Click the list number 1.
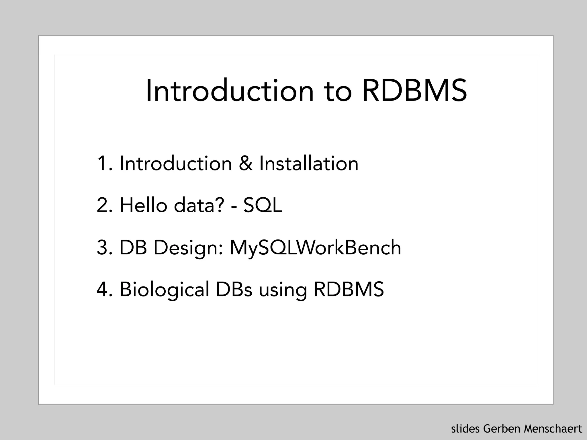pos(103,164)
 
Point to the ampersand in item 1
pos(246,164)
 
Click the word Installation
pos(309,164)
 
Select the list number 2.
pos(104,205)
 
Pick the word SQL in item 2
pos(263,206)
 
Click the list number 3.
pos(104,247)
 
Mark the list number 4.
pos(104,289)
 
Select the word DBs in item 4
pos(234,289)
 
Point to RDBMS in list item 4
pos(349,289)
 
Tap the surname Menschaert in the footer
pos(553,429)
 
